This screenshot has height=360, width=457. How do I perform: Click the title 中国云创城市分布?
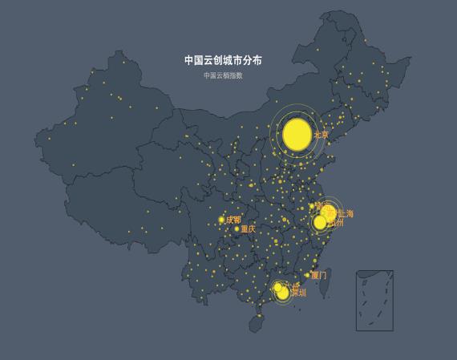[223, 60]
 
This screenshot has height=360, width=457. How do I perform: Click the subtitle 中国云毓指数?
[223, 75]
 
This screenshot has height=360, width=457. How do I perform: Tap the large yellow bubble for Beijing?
[297, 134]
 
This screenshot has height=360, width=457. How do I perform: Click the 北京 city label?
[322, 136]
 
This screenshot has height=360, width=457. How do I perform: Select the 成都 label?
[233, 220]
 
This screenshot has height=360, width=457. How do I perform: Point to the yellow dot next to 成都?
[222, 220]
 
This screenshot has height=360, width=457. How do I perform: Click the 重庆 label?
[249, 229]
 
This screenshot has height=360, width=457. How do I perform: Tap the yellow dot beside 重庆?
[237, 229]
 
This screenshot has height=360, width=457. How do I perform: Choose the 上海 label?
[345, 214]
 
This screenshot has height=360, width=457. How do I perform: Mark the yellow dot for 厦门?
[307, 275]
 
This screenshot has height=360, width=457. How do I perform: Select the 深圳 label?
[298, 293]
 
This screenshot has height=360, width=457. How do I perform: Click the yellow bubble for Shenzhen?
[283, 293]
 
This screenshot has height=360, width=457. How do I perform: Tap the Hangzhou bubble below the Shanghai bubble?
[320, 223]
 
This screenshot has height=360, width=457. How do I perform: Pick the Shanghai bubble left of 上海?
[330, 214]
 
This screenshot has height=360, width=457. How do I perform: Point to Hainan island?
[257, 323]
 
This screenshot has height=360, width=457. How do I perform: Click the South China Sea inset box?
[374, 301]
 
